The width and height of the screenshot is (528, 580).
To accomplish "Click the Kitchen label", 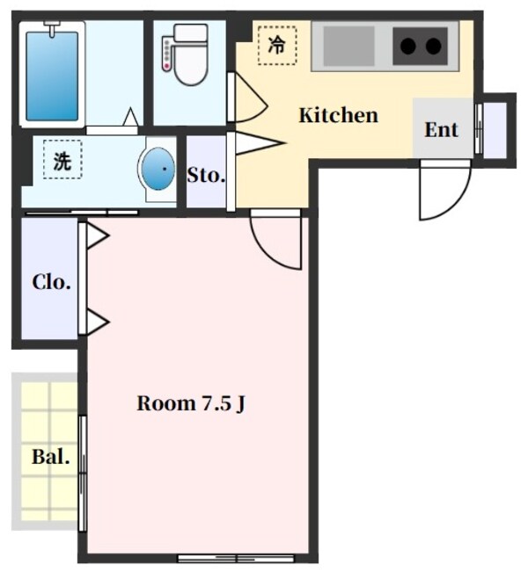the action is pos(338,115).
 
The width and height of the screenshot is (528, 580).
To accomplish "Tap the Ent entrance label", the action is pos(441,130).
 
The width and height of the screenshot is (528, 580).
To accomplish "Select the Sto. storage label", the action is pos(206,176).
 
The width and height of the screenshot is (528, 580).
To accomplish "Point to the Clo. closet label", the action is pos(51,282).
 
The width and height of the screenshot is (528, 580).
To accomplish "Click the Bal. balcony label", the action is pos(51,457).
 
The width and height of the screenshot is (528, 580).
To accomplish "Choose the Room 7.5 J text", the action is pos(191,403).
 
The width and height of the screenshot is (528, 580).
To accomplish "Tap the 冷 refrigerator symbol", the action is pos(277,46).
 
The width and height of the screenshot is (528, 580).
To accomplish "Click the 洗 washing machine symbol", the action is pos(62,160).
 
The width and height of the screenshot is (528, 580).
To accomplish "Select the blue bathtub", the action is pos(52,76).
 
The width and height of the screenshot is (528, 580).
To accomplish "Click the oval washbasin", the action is pos(158,169).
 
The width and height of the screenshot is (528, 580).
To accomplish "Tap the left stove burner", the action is pos(407,47).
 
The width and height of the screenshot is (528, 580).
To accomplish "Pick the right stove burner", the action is pos(434,47).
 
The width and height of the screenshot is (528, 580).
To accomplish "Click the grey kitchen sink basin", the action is pos(348,46).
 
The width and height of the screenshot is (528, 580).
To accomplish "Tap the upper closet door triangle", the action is pos(97,236).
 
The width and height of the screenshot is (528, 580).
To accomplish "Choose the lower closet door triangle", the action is pos(97,323).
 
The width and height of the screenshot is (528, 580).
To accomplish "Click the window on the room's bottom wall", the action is pos(236,558).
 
